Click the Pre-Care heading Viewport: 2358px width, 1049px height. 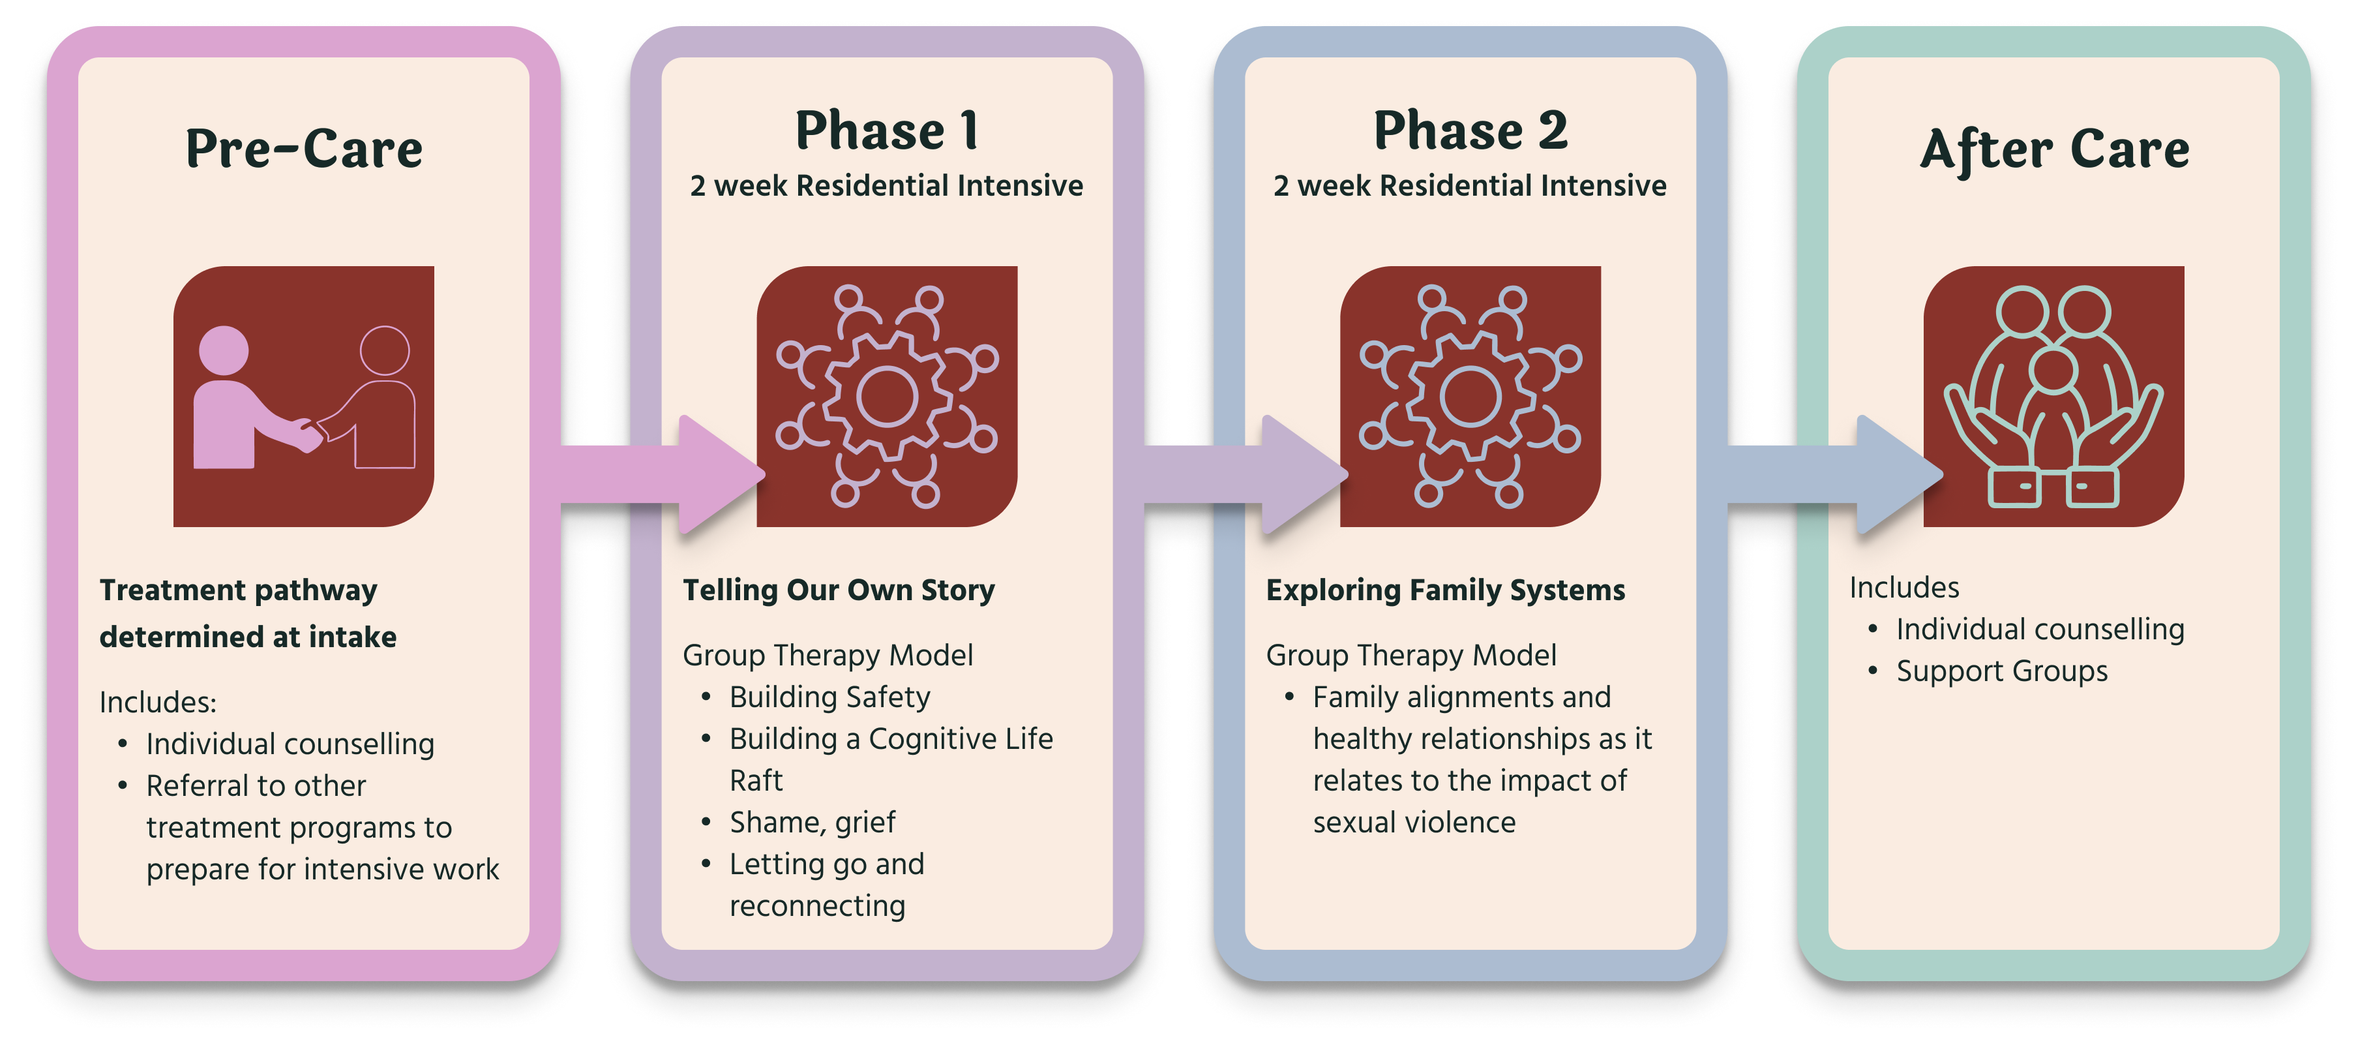coord(304,148)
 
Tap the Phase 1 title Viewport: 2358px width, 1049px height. coord(887,130)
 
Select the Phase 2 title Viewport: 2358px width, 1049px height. coord(1470,130)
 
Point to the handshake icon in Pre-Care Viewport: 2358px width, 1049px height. coord(304,397)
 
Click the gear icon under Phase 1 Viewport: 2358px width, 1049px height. coord(887,397)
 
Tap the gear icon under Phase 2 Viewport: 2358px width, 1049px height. coord(1470,397)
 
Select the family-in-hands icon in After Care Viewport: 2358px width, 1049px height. coord(2054,397)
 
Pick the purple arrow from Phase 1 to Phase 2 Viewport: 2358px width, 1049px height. coord(1246,474)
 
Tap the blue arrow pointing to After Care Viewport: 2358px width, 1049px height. coord(1835,474)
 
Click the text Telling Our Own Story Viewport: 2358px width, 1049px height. coord(839,590)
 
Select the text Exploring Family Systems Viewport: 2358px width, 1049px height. coord(1445,590)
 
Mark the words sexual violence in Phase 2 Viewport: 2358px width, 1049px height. coord(1414,823)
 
